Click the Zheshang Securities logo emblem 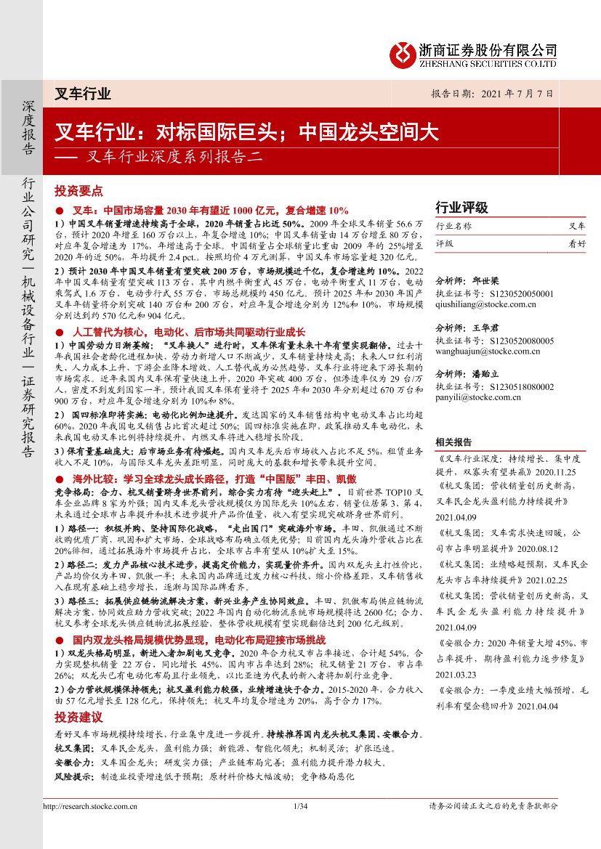pos(402,54)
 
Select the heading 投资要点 pos(78,191)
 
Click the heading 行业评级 pos(461,207)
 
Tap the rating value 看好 pos(576,244)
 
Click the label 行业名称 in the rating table pos(453,226)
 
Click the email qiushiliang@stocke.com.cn pos(485,304)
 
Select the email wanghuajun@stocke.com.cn pos(487,352)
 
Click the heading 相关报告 pos(453,442)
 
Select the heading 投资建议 pos(78,718)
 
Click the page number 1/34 pos(300,806)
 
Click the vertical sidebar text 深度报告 pos(28,127)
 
